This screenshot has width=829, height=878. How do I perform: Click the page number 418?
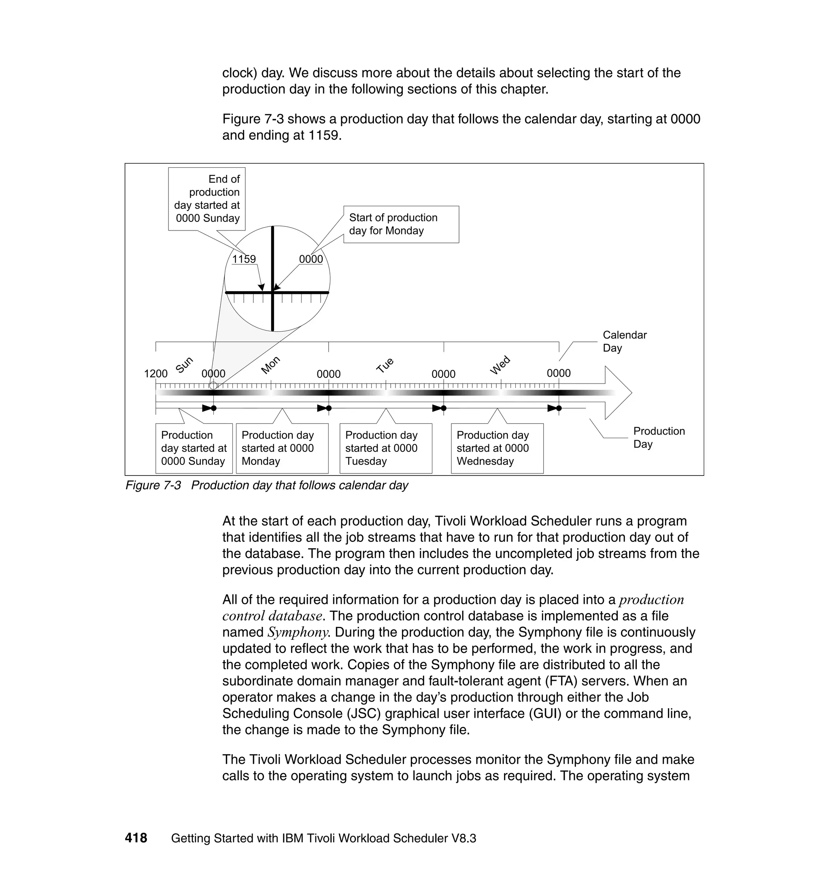[x=136, y=838]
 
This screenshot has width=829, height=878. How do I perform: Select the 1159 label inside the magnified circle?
[x=244, y=259]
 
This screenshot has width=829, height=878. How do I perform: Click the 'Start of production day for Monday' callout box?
[x=401, y=224]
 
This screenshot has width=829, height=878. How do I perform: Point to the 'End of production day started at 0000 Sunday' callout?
[x=207, y=198]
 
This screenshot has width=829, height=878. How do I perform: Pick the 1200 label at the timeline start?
[x=155, y=373]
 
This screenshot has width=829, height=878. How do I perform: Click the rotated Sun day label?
[x=184, y=365]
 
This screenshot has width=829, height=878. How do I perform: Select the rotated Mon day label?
[x=270, y=365]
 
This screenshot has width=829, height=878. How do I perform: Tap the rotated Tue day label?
[x=385, y=365]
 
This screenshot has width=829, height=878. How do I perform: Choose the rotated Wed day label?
[x=500, y=365]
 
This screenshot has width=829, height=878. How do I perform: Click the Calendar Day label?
[x=624, y=341]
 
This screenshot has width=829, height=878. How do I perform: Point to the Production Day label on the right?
[x=659, y=437]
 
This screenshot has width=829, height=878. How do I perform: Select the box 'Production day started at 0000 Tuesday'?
[x=385, y=448]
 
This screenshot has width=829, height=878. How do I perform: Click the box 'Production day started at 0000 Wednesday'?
[x=497, y=448]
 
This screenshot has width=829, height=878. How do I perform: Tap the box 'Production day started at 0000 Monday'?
[x=282, y=448]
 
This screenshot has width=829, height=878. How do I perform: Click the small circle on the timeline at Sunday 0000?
[x=213, y=386]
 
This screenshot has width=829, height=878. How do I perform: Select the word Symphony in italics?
[x=298, y=632]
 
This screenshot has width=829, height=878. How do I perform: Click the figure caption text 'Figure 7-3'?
[x=153, y=485]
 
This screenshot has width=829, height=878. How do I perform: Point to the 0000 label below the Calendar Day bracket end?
[x=559, y=373]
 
